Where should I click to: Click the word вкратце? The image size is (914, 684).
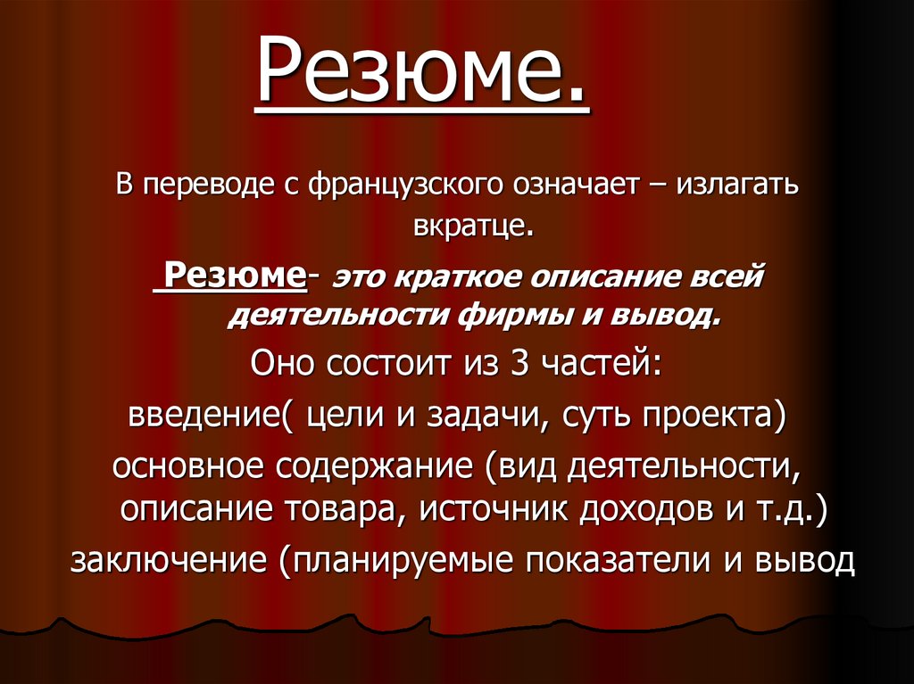tap(472, 228)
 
